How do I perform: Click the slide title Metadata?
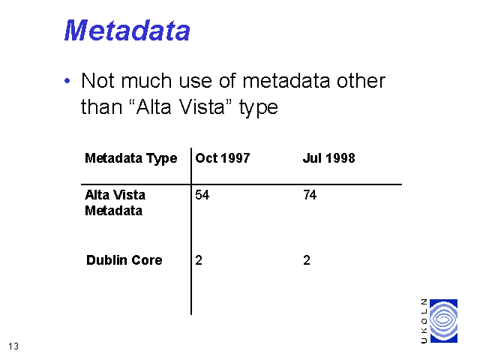click(127, 30)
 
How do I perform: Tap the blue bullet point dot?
click(67, 81)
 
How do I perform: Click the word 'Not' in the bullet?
click(97, 81)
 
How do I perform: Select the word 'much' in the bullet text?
click(146, 81)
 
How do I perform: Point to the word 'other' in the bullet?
click(361, 81)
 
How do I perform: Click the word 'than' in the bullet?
click(101, 107)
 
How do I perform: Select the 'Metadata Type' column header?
click(131, 158)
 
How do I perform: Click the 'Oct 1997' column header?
click(223, 158)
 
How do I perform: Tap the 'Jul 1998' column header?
click(329, 158)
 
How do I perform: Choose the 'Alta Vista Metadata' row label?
click(115, 202)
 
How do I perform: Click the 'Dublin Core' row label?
click(124, 260)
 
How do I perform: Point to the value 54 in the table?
click(202, 195)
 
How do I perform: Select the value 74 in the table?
click(310, 195)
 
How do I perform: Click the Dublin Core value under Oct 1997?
click(199, 260)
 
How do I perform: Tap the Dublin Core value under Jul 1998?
click(307, 260)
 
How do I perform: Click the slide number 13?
click(13, 346)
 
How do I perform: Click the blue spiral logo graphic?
click(443, 321)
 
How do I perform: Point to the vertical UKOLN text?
click(424, 321)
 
